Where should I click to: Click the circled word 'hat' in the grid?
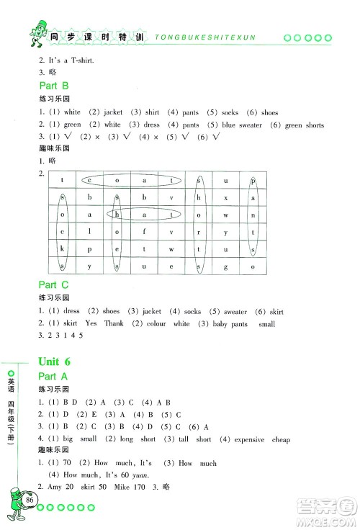pos(143,215)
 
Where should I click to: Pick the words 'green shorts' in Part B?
pos(304,125)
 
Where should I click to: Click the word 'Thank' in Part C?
pos(114,324)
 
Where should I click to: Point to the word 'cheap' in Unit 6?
pos(281,439)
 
